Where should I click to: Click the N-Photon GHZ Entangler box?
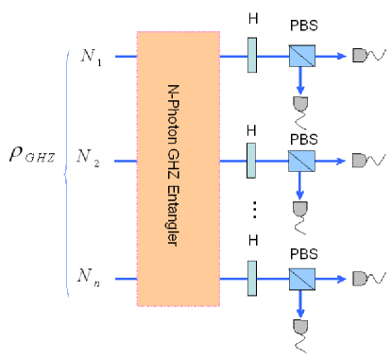pyautogui.click(x=179, y=168)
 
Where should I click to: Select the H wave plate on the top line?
pyautogui.click(x=252, y=56)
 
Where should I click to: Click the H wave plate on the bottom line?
pyautogui.click(x=252, y=277)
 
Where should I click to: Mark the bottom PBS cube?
pyautogui.click(x=300, y=277)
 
